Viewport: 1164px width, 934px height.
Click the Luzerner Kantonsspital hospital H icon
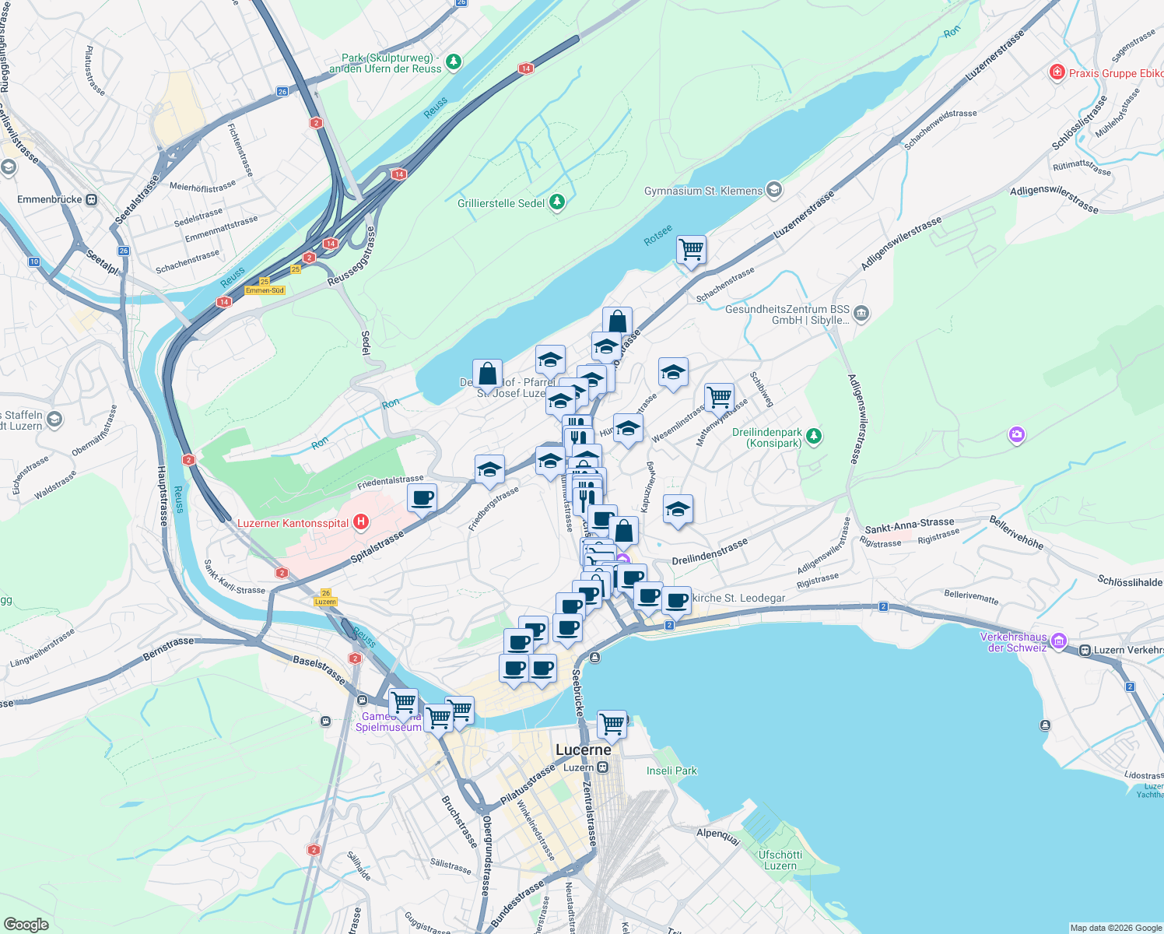pyautogui.click(x=361, y=522)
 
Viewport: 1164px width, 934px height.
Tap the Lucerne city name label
pyautogui.click(x=584, y=750)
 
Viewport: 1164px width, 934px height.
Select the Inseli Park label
pyautogui.click(x=671, y=771)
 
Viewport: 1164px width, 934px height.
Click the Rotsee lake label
pyautogui.click(x=658, y=235)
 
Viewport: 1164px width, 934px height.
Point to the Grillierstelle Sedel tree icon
pyautogui.click(x=556, y=203)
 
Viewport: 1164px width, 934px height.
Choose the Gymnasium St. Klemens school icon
pyautogui.click(x=773, y=190)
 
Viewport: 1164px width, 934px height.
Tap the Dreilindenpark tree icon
pyautogui.click(x=813, y=436)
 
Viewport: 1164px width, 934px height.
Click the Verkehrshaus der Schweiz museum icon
pyautogui.click(x=1058, y=641)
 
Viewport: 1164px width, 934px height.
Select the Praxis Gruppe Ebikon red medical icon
pyautogui.click(x=1057, y=73)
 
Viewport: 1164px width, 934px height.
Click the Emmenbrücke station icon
pyautogui.click(x=92, y=199)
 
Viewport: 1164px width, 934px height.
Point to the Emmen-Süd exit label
pyautogui.click(x=265, y=290)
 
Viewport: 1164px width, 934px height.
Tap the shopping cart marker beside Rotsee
pyautogui.click(x=691, y=251)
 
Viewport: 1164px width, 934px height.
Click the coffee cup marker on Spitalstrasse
pyautogui.click(x=422, y=498)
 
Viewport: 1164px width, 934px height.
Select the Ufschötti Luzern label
pyautogui.click(x=780, y=860)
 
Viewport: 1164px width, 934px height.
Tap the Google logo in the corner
pyautogui.click(x=26, y=924)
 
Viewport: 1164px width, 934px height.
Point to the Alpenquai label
pyautogui.click(x=718, y=834)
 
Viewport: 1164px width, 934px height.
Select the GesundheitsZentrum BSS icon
pyautogui.click(x=861, y=314)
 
